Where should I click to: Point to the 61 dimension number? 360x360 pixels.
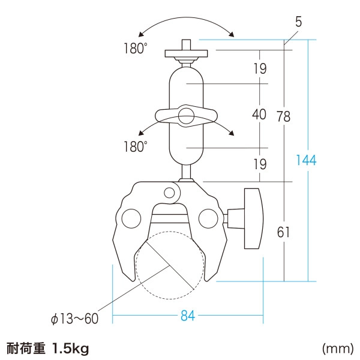[x=283, y=232]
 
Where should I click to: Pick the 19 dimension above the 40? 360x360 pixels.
[x=259, y=68]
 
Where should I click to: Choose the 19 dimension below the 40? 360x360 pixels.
[x=259, y=164]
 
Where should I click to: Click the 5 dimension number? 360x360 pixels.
[x=298, y=24]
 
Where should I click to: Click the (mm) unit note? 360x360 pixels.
[x=337, y=348]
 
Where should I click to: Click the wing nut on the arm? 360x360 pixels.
[x=185, y=116]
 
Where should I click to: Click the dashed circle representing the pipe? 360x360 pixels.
[x=169, y=265]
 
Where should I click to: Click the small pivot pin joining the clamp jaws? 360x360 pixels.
[x=170, y=193]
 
